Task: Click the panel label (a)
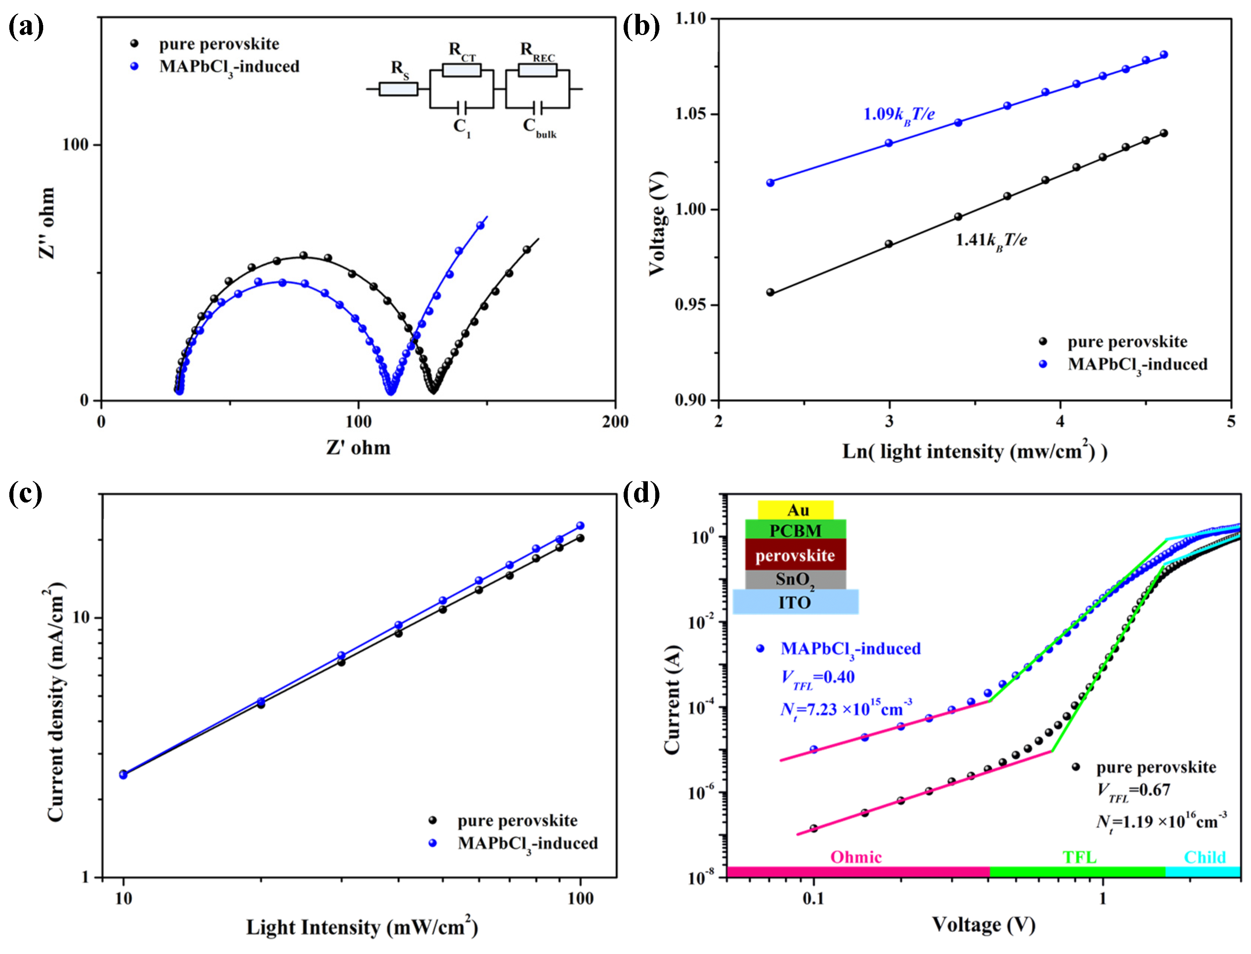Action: pos(26,27)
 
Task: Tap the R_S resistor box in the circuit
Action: pos(398,89)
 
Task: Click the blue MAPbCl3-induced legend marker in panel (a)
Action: pos(134,66)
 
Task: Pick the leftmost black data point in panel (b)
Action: pos(770,292)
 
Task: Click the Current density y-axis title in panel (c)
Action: pos(55,702)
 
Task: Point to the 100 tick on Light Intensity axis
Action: pos(580,898)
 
